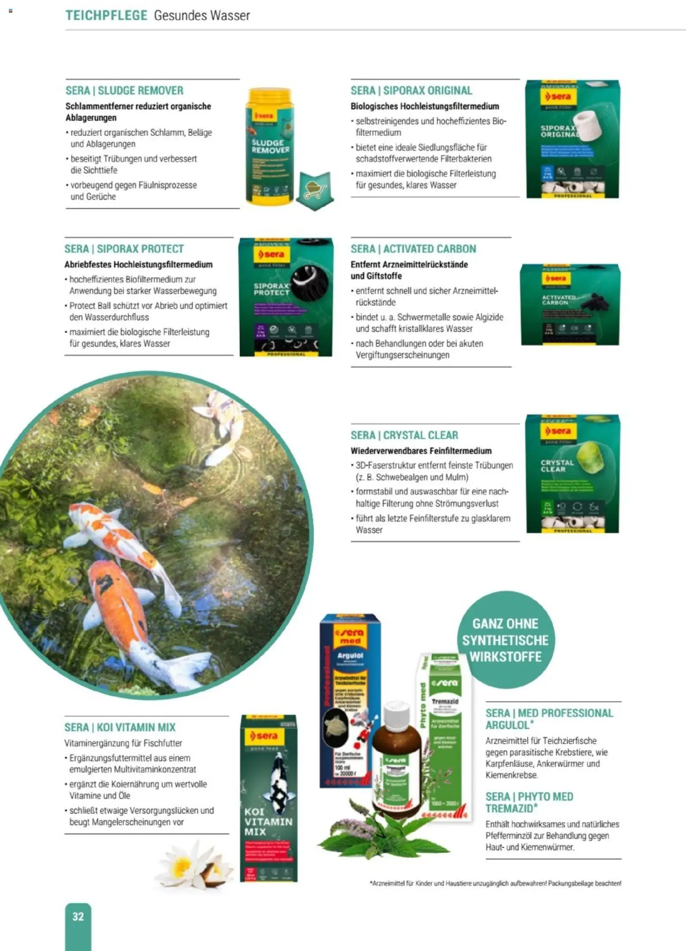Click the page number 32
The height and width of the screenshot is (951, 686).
78,916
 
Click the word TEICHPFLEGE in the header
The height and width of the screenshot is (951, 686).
106,15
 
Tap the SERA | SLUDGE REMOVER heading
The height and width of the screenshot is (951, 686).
124,91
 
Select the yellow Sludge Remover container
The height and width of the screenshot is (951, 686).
270,146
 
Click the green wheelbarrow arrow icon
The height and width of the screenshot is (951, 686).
315,190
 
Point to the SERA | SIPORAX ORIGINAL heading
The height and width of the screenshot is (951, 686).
411,91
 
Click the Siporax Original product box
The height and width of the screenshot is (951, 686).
572,139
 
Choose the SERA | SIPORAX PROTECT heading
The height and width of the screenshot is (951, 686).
124,249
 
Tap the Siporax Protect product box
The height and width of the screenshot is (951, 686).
285,297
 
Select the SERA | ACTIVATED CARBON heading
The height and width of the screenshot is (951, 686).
413,249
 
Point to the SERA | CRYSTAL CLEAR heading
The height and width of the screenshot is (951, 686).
404,435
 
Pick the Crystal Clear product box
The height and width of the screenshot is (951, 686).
572,474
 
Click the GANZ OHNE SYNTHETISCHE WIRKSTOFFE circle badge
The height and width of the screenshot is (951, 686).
505,640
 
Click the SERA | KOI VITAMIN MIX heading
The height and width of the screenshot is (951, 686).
120,727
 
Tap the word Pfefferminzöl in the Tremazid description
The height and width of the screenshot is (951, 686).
511,835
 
